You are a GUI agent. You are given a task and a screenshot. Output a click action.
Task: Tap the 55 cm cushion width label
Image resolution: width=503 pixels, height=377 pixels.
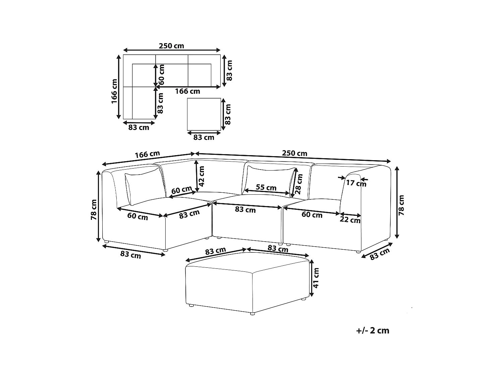pyautogui.click(x=266, y=187)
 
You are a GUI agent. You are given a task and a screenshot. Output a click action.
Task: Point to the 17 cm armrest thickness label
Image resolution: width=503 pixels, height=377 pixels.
pyautogui.click(x=356, y=183)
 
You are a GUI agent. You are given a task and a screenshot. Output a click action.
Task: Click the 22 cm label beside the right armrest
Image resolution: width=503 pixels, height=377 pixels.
pyautogui.click(x=350, y=220)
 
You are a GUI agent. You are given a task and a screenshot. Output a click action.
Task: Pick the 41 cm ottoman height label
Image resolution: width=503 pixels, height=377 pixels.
pyautogui.click(x=316, y=277)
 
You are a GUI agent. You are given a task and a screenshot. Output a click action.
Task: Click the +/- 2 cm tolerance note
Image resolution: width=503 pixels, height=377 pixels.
pyautogui.click(x=373, y=330)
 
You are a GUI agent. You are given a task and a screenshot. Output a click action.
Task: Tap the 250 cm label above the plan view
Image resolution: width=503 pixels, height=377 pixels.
pyautogui.click(x=171, y=46)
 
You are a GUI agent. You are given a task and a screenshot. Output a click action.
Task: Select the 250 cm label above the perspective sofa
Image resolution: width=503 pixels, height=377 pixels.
pyautogui.click(x=294, y=153)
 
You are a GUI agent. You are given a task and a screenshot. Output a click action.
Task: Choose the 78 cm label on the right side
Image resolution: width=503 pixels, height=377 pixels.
pyautogui.click(x=401, y=205)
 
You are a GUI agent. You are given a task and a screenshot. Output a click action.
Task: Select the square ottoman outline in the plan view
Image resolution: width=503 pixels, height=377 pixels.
pyautogui.click(x=204, y=114)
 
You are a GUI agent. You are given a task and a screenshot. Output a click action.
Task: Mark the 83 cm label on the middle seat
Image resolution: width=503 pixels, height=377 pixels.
pyautogui.click(x=245, y=210)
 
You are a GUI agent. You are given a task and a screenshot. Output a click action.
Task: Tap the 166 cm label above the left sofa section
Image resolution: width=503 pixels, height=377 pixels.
pyautogui.click(x=147, y=154)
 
